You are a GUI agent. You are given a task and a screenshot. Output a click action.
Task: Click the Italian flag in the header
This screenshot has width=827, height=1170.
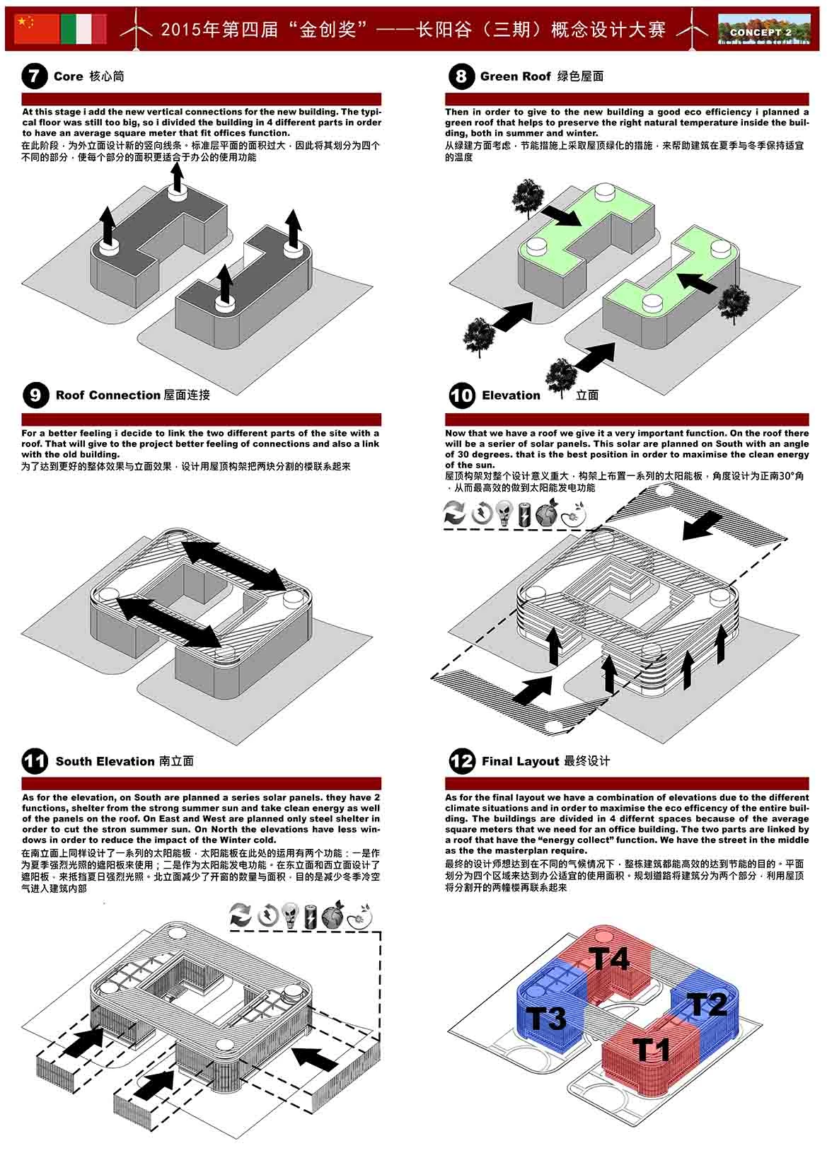83,30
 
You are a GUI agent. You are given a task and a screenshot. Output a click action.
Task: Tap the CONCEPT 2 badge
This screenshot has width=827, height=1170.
761,32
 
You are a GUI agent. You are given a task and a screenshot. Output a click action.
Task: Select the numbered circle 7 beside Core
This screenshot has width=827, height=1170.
34,76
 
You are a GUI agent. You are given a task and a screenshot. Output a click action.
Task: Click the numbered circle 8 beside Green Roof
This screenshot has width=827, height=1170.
461,76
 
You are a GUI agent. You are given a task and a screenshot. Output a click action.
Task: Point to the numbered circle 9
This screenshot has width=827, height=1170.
35,395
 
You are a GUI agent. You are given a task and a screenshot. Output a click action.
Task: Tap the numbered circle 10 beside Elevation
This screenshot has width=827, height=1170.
462,395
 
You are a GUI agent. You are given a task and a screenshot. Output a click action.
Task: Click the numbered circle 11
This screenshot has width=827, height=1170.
35,761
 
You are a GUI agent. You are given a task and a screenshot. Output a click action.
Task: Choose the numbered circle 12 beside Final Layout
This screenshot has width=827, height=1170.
462,761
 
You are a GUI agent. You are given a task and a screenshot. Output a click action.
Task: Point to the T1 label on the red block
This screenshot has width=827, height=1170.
651,1049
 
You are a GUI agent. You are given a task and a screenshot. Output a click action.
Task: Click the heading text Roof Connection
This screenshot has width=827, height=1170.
108,395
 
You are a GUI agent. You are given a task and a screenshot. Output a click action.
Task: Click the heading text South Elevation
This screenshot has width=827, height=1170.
105,761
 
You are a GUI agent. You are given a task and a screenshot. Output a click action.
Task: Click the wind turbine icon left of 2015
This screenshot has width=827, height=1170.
135,30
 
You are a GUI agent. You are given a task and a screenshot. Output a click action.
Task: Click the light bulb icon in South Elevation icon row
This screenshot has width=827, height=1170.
289,915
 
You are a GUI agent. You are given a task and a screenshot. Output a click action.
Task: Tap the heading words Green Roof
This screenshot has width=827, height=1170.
515,76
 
